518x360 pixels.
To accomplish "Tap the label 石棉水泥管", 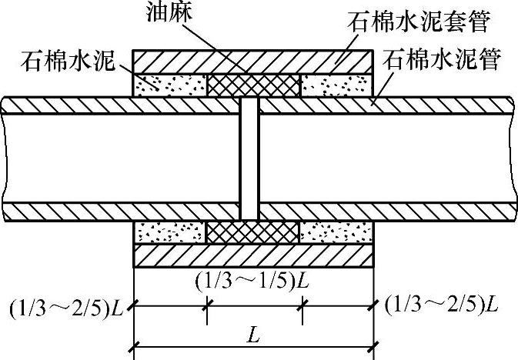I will click(x=446, y=58).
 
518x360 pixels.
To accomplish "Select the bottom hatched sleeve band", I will click(x=254, y=253).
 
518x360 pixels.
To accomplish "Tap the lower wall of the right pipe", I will click(x=385, y=210).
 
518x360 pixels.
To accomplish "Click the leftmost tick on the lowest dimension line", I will click(x=135, y=342).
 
